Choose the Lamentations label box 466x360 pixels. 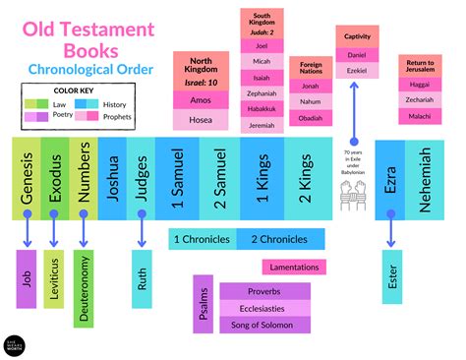point(292,267)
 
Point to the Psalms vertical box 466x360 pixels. point(203,304)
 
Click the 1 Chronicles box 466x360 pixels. point(202,238)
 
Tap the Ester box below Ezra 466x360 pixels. point(393,277)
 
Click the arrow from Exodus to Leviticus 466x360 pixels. point(57,230)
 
